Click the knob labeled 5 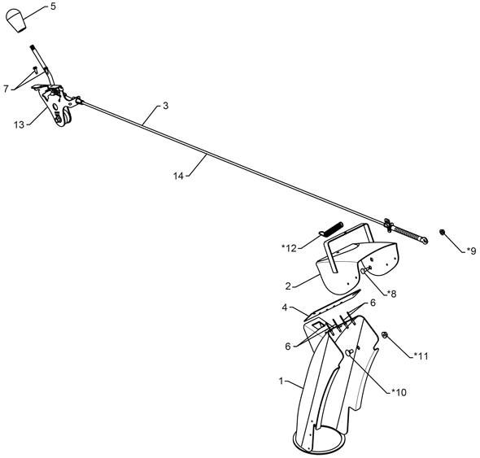tap(16, 20)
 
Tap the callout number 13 tap(19, 125)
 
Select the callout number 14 tap(178, 176)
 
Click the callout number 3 tap(165, 106)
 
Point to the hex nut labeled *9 tap(442, 232)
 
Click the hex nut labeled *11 tap(385, 334)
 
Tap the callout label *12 tap(290, 248)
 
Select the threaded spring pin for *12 tap(331, 229)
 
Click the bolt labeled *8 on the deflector tap(366, 269)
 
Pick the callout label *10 tap(399, 392)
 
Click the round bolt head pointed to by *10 tap(349, 351)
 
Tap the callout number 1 tap(281, 382)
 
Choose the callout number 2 tap(288, 286)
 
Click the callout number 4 tap(285, 308)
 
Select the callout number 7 tap(6, 89)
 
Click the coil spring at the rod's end tap(407, 233)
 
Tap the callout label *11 tap(421, 356)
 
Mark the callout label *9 tap(471, 251)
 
